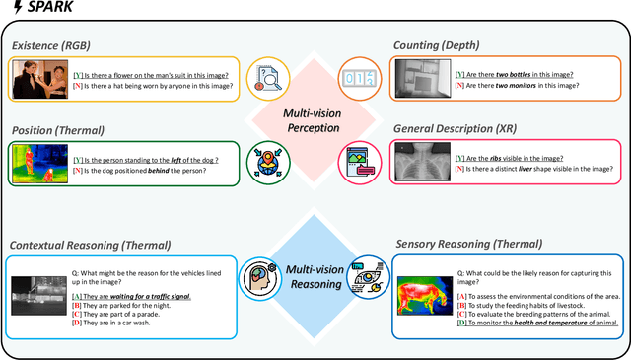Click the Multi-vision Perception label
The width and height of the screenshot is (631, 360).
pyautogui.click(x=313, y=121)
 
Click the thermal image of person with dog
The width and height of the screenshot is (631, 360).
pyautogui.click(x=39, y=164)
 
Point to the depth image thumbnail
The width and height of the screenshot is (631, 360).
pyautogui.click(x=421, y=80)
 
